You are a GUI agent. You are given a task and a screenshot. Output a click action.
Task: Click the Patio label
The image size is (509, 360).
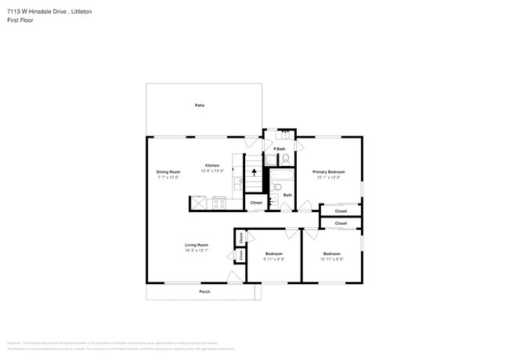tap(200, 105)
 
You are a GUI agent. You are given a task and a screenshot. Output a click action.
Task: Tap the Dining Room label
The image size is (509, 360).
tap(168, 171)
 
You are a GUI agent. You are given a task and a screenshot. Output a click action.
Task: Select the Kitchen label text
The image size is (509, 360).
tap(212, 165)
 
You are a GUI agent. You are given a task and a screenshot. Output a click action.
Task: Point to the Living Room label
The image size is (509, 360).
tap(196, 245)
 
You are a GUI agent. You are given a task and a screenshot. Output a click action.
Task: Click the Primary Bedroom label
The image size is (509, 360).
tap(329, 171)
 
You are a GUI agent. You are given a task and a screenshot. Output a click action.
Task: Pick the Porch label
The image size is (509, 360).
tap(204, 292)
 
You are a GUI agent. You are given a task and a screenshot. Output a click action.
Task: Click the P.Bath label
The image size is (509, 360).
tap(280, 149)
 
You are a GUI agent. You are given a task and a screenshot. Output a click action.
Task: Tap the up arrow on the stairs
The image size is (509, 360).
tap(254, 172)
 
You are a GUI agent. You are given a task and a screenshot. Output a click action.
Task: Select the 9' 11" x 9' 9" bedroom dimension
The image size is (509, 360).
tap(273, 259)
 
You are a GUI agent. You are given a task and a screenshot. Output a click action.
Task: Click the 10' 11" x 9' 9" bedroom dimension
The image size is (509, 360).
tap(332, 259)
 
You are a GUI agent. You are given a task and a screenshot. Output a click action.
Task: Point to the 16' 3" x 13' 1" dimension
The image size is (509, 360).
tap(196, 250)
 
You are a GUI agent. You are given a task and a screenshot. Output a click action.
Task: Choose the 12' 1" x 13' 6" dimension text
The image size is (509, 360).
tap(329, 177)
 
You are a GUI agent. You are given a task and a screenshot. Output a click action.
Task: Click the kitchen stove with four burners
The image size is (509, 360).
tap(219, 203)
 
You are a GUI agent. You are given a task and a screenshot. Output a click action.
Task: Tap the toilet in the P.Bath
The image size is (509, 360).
tap(286, 159)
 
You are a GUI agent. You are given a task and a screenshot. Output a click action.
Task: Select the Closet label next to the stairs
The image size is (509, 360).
tap(256, 203)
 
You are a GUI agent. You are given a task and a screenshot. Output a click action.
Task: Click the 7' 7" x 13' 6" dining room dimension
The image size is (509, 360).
tap(168, 177)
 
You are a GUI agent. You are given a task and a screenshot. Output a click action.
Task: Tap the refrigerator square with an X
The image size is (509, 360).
tap(199, 203)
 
